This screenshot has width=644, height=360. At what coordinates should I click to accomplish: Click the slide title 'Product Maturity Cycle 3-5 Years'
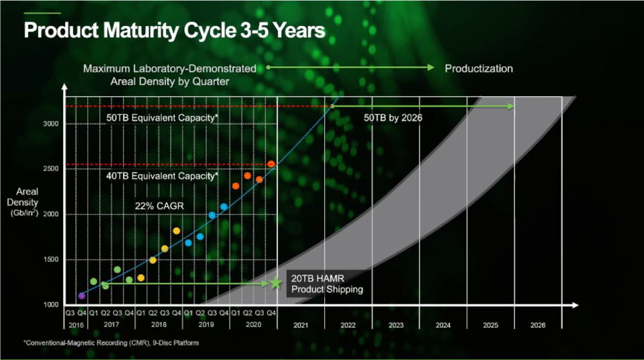click(175, 31)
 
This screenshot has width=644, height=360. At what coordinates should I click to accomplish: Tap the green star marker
click(275, 283)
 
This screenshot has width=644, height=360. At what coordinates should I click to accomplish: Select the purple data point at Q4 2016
click(82, 296)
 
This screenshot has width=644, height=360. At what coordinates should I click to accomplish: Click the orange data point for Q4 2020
click(271, 164)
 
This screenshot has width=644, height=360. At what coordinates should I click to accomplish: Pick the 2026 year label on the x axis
click(537, 325)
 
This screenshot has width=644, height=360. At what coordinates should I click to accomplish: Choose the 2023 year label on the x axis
click(396, 325)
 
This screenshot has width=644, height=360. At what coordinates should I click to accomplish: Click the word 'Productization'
click(479, 69)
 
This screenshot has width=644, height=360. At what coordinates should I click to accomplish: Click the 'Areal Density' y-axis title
click(27, 201)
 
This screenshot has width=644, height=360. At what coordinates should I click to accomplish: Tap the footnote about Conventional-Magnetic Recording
click(111, 343)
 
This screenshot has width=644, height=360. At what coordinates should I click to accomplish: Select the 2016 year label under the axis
click(75, 325)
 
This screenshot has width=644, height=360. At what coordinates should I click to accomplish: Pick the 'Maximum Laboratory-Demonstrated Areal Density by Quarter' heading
click(169, 75)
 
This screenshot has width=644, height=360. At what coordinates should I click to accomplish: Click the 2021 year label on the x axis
click(301, 325)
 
